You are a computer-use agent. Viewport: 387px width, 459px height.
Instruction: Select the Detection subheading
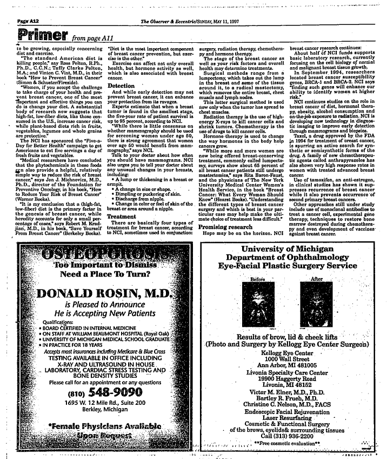[121, 86]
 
